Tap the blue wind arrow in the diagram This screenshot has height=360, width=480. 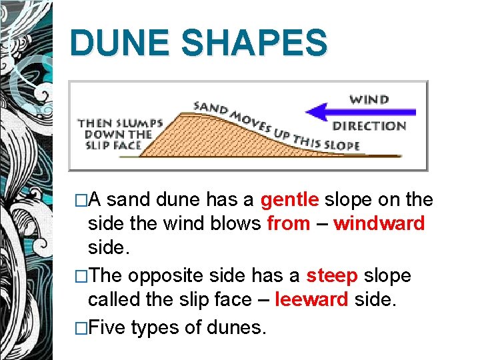pos(373,112)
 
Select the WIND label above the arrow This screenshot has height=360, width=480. pos(369,99)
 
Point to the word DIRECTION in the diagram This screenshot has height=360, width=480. pos(369,125)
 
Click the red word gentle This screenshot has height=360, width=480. pos(291,199)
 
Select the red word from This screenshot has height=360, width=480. pos(288,223)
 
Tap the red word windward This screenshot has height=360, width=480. pos(379,223)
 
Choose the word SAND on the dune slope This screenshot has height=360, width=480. pos(207,107)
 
